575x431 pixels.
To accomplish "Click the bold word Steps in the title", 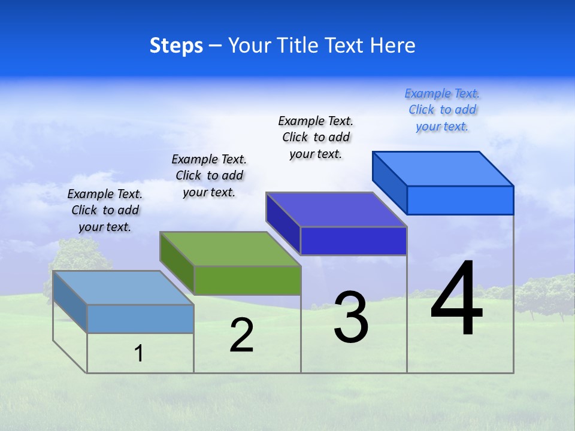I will coord(176,45).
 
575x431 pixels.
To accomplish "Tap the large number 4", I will coord(456,299).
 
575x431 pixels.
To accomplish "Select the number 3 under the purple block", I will coord(351,317).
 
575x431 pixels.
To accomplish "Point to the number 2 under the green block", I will coord(241,335).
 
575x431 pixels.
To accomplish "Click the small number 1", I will coord(139,354).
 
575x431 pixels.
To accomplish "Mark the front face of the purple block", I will coord(353,241).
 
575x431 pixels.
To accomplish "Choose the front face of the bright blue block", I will coord(460,200).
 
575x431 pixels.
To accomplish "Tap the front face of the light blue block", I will coord(140,318).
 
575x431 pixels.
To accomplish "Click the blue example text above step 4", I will coord(442,110).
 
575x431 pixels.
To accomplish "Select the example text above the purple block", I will coord(316,137).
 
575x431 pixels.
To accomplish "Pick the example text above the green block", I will coord(209,175).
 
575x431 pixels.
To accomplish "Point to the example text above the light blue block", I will coord(105,210).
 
